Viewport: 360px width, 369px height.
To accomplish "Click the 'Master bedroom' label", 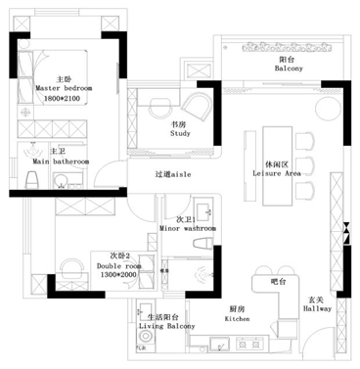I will (x=64, y=87).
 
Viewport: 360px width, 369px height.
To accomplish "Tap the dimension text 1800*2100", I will (x=64, y=97).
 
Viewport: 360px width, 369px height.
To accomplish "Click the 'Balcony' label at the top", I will (x=289, y=69).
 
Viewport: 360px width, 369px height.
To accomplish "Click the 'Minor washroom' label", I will (x=187, y=227).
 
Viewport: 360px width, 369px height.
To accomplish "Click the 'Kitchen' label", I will (x=237, y=318).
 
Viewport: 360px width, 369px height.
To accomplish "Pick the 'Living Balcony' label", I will (x=162, y=327).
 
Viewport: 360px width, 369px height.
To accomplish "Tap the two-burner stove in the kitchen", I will (x=218, y=345).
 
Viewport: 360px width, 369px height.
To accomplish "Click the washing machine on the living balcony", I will (x=144, y=344).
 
